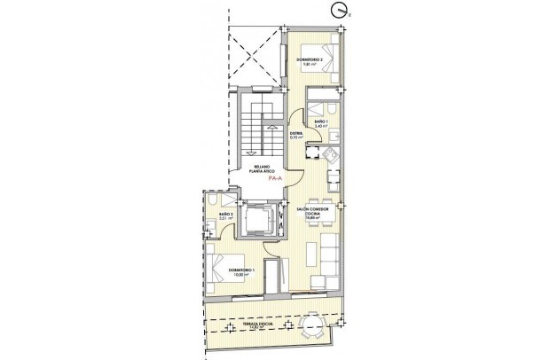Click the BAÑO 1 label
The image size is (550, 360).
pyautogui.click(x=320, y=123)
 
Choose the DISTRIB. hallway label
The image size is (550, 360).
pyautogui.click(x=297, y=136)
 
